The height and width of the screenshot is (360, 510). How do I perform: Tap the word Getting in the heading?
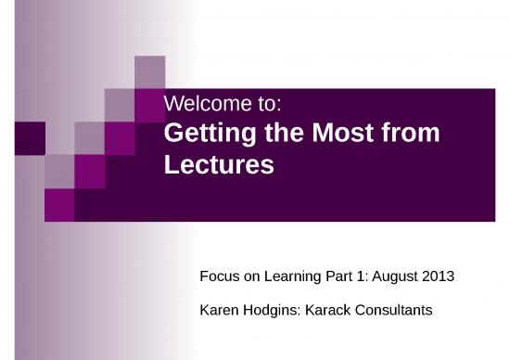200,135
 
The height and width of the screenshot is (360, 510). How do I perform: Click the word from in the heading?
408,135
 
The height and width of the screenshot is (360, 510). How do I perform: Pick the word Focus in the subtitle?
219,276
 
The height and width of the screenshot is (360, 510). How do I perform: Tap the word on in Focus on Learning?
249,276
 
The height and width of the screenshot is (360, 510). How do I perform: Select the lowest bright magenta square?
59,203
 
